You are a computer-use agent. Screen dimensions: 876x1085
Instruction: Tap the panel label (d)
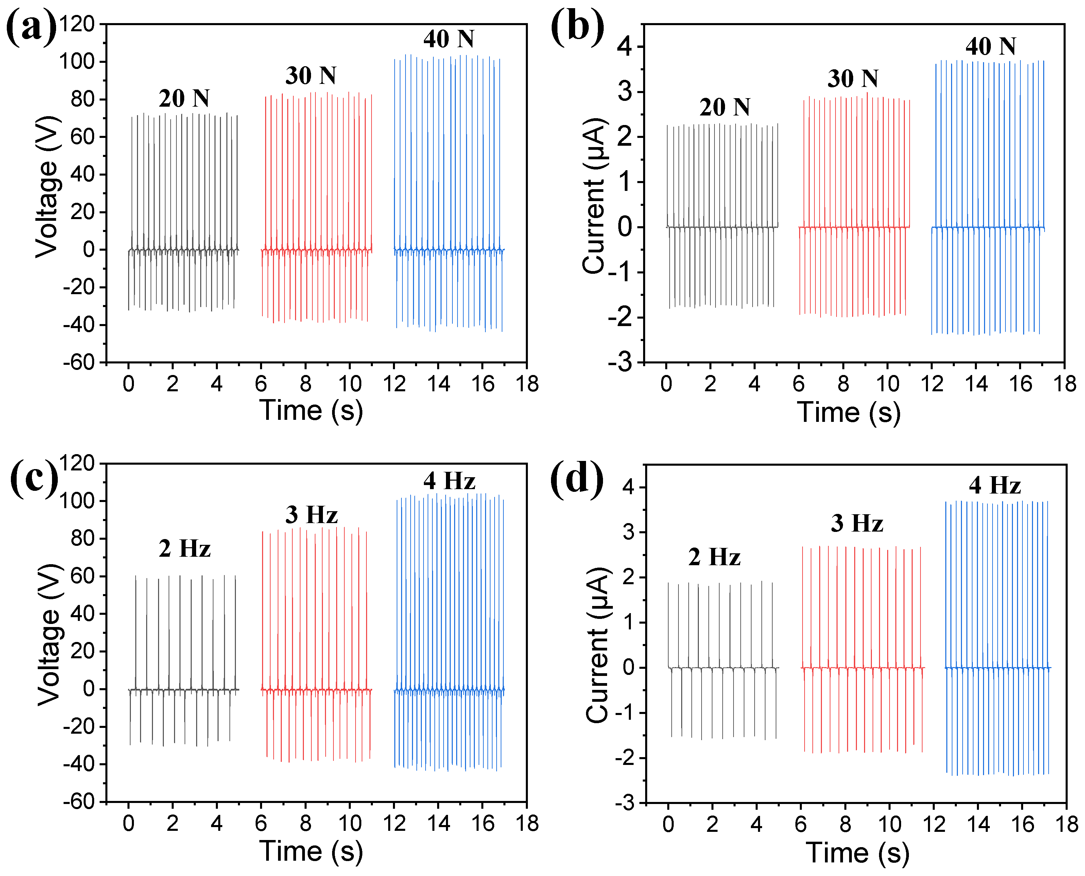click(x=576, y=478)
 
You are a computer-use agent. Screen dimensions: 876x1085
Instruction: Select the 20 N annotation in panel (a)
click(x=184, y=99)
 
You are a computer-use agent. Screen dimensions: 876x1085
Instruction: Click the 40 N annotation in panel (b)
click(x=991, y=47)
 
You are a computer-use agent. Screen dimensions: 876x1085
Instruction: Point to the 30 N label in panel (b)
click(x=853, y=79)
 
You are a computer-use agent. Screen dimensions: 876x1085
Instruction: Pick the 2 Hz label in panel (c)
click(x=184, y=549)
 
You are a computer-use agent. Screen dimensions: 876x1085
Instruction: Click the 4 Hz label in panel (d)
click(x=995, y=485)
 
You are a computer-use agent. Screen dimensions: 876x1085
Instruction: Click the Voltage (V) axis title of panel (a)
click(x=48, y=187)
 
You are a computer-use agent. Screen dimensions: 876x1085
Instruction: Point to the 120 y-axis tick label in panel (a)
click(x=77, y=24)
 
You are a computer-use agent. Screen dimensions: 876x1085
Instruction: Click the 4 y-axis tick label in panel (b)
click(x=624, y=47)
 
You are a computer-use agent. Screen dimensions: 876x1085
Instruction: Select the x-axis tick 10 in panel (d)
click(x=890, y=824)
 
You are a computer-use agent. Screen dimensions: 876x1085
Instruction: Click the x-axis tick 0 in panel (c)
click(x=129, y=823)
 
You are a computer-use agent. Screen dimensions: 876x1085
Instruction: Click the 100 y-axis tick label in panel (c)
click(x=77, y=501)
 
